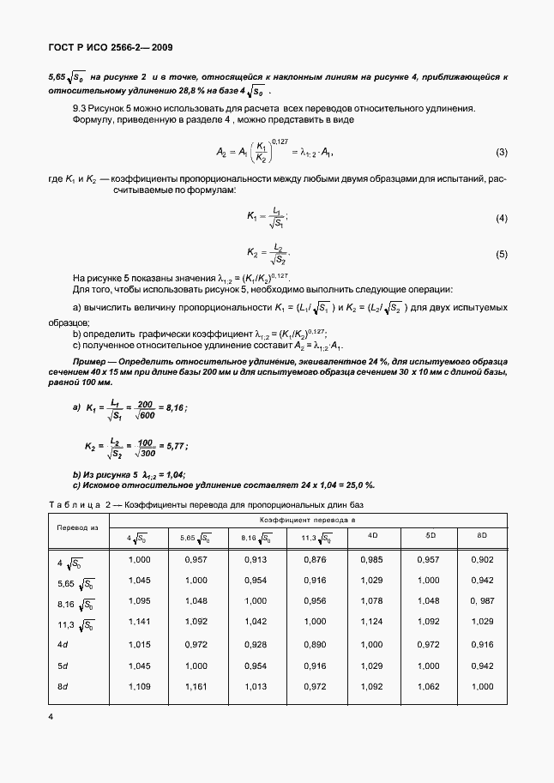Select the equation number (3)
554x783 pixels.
502,153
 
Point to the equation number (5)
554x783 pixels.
502,255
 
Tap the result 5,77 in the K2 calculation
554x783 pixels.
174,447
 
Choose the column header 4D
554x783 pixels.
373,536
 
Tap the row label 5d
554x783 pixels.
63,665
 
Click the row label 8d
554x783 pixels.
63,687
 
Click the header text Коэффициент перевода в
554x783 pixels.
308,520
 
